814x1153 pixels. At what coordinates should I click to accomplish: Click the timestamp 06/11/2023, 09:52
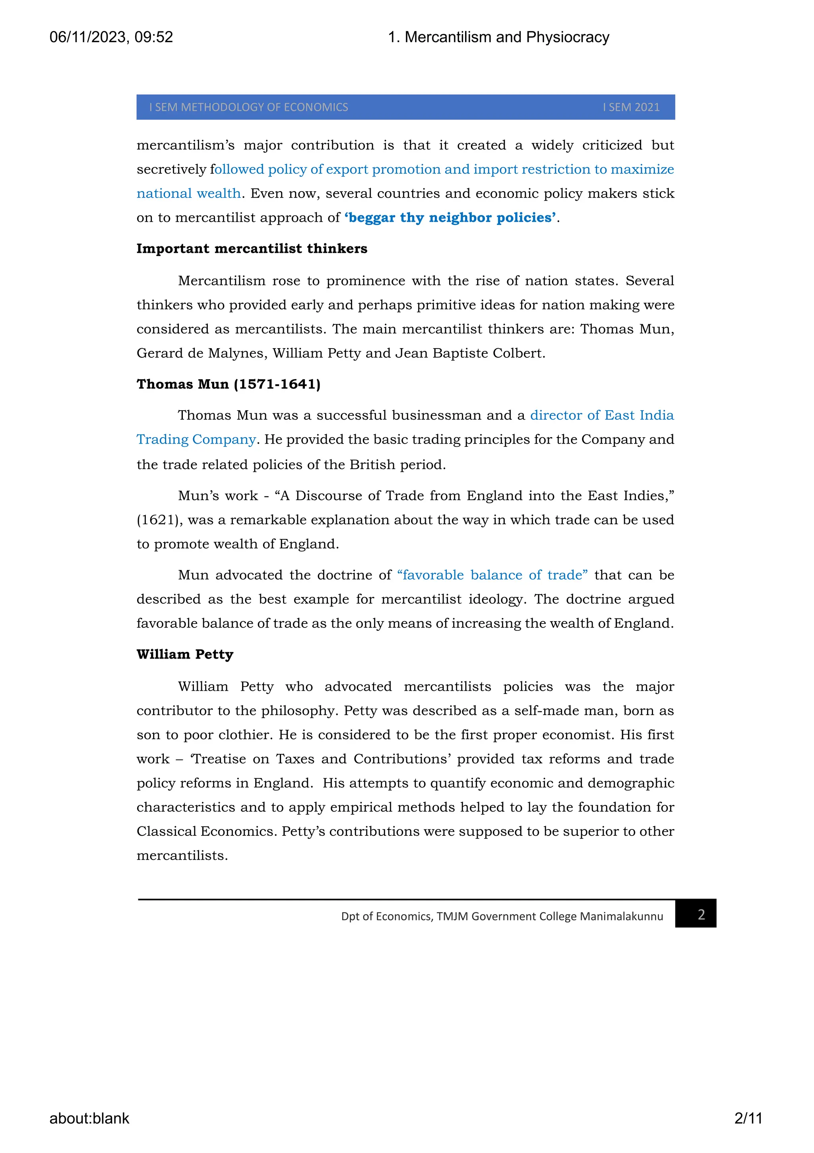111,37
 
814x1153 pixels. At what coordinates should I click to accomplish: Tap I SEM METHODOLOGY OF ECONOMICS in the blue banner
248,107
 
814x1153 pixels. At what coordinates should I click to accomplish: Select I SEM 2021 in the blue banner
631,107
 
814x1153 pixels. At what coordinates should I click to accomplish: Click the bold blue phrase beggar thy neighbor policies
450,217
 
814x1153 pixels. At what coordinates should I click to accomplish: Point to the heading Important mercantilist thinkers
252,248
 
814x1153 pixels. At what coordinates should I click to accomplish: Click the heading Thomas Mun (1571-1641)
229,384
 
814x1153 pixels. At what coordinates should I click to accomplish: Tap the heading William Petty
185,654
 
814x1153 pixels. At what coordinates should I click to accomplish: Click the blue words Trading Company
196,440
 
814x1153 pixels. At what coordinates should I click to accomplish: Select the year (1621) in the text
159,520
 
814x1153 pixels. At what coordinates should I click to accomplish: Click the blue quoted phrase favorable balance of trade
492,575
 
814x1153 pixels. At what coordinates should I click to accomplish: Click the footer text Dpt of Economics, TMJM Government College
502,917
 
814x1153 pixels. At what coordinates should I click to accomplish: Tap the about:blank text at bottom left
89,1118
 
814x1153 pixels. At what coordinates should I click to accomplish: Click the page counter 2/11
748,1118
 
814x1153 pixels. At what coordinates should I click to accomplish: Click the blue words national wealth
188,193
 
